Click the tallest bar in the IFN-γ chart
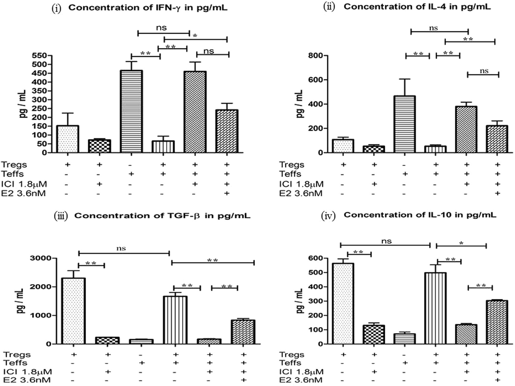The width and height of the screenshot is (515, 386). tap(131, 112)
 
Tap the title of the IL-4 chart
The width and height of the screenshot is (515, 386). tap(417, 7)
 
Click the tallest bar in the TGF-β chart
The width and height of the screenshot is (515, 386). tap(74, 311)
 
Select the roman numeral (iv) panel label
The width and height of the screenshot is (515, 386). tap(328, 216)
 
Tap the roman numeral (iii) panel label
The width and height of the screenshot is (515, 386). tap(61, 216)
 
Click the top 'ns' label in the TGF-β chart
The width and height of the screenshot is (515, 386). tap(121, 248)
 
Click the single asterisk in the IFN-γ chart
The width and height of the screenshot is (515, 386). tap(195, 36)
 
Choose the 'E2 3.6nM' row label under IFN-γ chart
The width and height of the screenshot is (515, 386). tap(24, 193)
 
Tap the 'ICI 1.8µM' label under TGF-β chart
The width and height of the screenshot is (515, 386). tap(27, 372)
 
